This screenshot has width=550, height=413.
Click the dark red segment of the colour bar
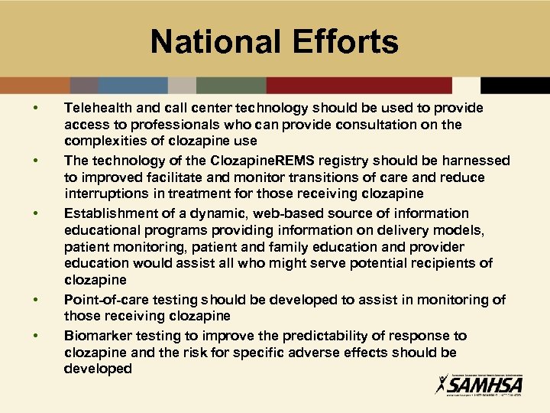[359, 85]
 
